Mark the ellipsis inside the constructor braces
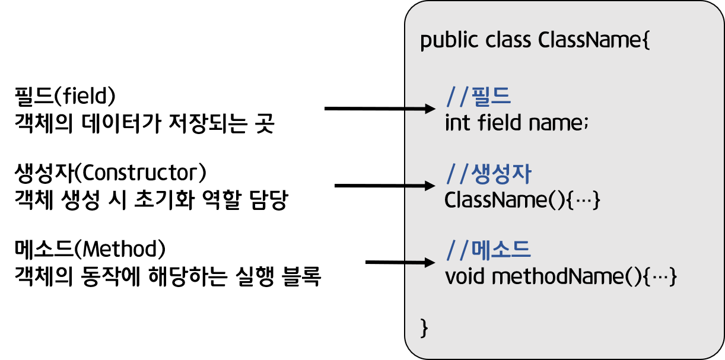tap(584, 200)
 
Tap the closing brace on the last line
tap(424, 327)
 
